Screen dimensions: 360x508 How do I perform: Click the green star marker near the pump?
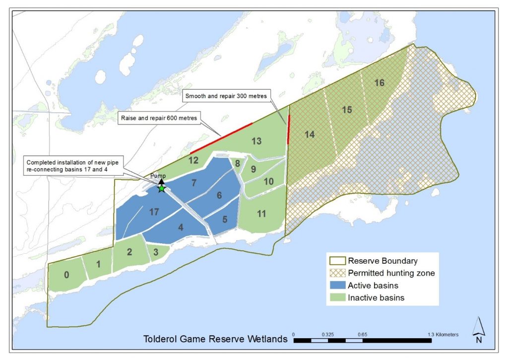[x=161, y=189]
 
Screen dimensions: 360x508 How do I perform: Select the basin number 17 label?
[x=153, y=212]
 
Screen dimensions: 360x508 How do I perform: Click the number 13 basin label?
[x=256, y=141]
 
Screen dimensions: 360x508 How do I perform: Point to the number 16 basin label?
[x=379, y=83]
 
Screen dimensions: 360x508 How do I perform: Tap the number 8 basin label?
[x=238, y=163]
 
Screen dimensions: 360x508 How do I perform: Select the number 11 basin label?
[x=261, y=214]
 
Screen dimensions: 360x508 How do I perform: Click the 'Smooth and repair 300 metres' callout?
[x=226, y=96]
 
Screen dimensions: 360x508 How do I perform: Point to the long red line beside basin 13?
[x=221, y=138]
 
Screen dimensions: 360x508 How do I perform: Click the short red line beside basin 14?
[x=289, y=129]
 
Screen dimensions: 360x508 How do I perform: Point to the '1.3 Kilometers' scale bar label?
[x=444, y=334]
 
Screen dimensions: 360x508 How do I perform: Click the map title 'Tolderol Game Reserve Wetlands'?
[x=215, y=340]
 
